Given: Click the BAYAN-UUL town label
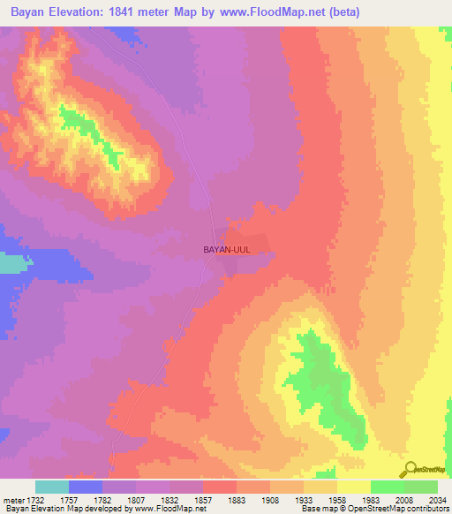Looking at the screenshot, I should click(227, 250).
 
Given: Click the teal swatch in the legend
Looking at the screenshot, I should click(52, 487).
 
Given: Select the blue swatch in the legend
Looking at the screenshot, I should click(86, 487).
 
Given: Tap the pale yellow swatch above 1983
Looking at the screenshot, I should click(354, 487).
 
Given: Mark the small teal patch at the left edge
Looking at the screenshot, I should click(9, 264).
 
